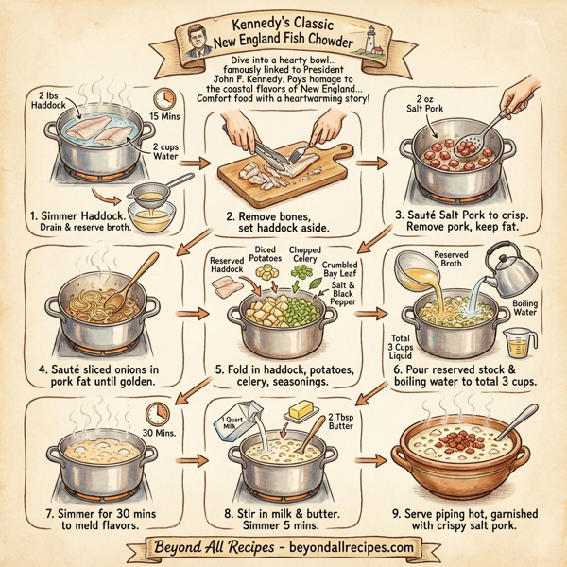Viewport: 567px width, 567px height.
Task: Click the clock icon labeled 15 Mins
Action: click(167, 98)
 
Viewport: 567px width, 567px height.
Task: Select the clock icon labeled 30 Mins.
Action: click(158, 414)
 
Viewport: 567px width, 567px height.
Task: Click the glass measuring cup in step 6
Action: click(524, 337)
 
